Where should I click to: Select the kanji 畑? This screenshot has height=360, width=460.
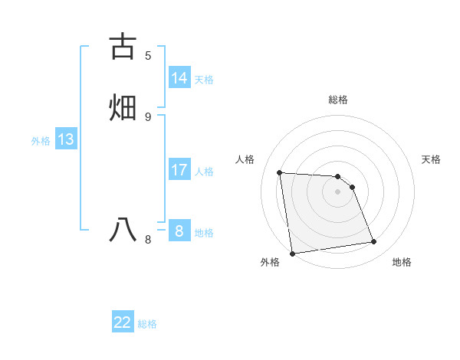tap(123, 106)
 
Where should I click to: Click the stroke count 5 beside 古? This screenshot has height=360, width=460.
tap(148, 56)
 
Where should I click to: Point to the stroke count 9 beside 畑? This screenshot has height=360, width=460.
tap(148, 116)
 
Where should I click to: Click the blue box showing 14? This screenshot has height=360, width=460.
tap(179, 78)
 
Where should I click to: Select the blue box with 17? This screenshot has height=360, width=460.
tap(179, 170)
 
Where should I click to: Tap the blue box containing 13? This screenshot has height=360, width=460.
tap(65, 139)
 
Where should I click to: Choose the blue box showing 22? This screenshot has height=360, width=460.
tap(123, 322)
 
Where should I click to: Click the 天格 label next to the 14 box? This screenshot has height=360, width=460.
tap(204, 80)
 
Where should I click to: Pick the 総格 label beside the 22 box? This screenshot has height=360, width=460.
tap(147, 324)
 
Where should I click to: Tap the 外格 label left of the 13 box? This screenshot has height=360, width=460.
tap(41, 141)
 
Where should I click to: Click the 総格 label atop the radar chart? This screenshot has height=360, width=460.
tap(338, 100)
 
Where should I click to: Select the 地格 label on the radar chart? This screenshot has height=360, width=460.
tap(402, 262)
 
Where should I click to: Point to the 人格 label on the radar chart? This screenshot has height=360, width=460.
tap(245, 159)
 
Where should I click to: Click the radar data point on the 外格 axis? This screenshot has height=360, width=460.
tap(292, 253)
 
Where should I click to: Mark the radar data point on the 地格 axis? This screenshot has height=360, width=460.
tap(374, 242)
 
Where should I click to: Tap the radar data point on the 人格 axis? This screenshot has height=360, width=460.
tap(280, 172)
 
